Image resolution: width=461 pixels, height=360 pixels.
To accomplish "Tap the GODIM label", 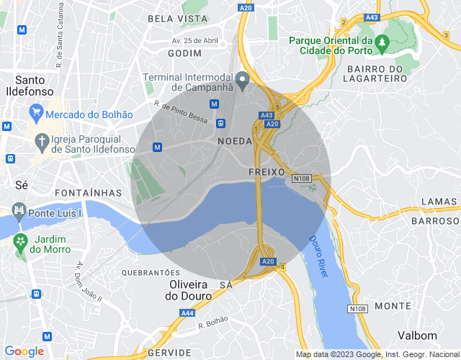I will tap(184, 53).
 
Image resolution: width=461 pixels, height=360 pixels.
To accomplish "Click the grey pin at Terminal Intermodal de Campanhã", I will tap(243, 80).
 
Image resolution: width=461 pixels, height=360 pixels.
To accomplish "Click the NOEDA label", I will tap(234, 143).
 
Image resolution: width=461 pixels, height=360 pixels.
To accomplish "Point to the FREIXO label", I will tap(267, 173).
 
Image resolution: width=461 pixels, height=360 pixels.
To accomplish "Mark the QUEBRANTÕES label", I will tap(151, 273).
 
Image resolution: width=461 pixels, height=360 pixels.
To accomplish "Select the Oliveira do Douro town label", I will tap(189, 290).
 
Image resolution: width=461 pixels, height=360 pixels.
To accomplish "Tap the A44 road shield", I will tap(187, 313).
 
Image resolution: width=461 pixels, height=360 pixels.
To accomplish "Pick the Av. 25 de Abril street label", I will tap(194, 40).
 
